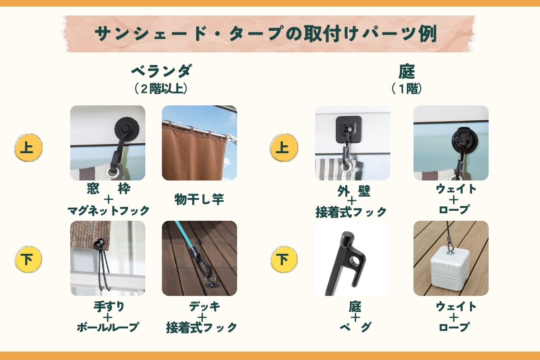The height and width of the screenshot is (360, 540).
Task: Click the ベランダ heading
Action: (x=162, y=71)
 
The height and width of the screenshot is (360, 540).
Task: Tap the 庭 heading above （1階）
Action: (x=407, y=72)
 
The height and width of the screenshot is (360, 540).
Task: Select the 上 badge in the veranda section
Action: (x=28, y=148)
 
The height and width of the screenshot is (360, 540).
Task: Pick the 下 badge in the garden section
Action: (x=284, y=259)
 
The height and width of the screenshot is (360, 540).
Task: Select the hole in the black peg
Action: (x=354, y=261)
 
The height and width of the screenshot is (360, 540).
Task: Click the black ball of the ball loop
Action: (x=99, y=245)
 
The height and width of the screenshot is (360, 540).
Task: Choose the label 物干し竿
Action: (x=199, y=199)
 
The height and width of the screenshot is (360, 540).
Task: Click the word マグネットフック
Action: (x=108, y=211)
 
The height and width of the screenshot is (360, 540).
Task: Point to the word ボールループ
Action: (x=108, y=327)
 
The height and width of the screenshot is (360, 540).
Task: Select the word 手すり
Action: (x=109, y=307)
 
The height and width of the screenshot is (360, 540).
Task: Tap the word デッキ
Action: (x=205, y=306)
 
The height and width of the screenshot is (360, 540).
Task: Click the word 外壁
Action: (x=354, y=191)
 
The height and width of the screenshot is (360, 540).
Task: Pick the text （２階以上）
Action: (x=161, y=89)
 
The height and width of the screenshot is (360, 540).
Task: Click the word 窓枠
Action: (x=109, y=189)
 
